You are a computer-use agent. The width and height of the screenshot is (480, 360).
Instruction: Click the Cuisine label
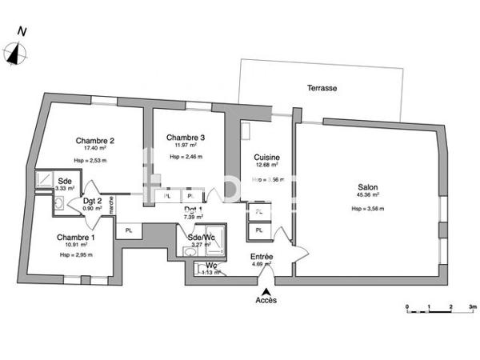coord(266,157)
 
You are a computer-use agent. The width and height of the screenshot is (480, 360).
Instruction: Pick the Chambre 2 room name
coord(95,141)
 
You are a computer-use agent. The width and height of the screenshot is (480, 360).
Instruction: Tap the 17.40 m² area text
coord(95,150)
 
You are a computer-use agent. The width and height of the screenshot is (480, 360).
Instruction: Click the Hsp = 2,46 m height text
coord(186,157)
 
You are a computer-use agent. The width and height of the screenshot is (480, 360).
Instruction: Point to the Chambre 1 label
coord(76,238)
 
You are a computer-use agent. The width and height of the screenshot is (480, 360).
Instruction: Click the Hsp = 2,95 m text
coord(76,255)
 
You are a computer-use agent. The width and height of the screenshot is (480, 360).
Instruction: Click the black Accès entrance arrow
coord(266,291)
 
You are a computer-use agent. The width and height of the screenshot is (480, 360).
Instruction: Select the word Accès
coord(266,301)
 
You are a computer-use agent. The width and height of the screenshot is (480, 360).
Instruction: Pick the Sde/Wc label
coord(199,238)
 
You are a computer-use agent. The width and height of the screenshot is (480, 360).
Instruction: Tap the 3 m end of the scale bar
coord(473,306)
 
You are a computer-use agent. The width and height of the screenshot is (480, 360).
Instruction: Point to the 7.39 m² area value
coord(193,217)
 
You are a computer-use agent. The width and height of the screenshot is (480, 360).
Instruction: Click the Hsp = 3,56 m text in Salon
coord(368,209)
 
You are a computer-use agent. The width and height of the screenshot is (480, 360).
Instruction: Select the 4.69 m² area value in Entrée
coord(262,264)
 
